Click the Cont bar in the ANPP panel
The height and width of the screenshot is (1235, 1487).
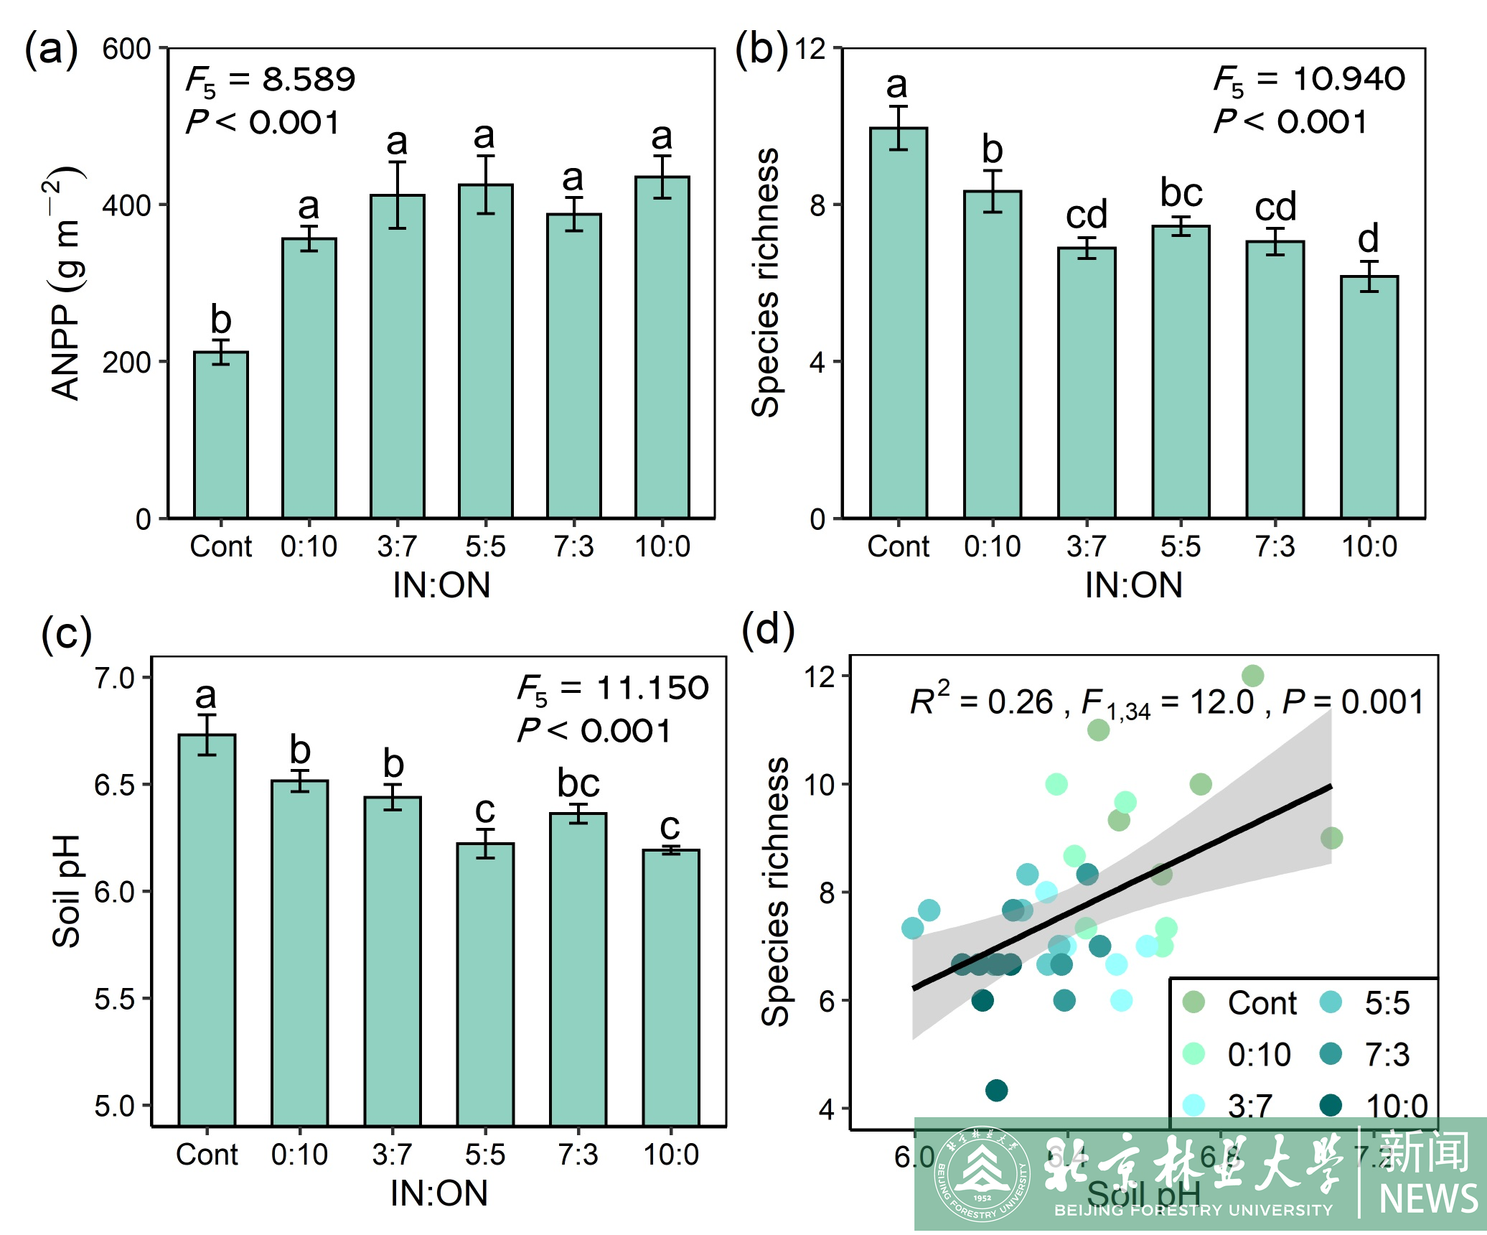point(221,435)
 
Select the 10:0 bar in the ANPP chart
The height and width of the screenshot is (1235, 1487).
point(662,348)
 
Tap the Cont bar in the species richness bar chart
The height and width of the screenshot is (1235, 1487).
point(899,323)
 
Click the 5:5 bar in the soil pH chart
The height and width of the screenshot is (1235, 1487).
point(486,984)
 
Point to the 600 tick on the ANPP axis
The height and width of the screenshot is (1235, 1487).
point(127,50)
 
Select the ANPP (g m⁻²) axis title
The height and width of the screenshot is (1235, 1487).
point(66,284)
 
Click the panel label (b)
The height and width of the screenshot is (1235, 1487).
point(761,50)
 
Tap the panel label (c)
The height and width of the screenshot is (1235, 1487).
point(67,634)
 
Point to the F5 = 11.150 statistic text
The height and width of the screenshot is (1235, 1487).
point(613,689)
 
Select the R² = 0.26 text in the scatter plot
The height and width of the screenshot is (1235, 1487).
point(980,701)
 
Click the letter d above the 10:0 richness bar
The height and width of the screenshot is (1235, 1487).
point(1369,238)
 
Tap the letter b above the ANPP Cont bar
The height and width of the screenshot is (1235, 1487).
point(221,320)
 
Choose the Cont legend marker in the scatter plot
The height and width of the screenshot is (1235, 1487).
point(1193,1002)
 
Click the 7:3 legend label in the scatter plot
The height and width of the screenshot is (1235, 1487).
point(1387,1054)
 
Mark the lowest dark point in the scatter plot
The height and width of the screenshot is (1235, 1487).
point(996,1090)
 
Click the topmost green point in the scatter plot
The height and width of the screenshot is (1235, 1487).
point(1252,676)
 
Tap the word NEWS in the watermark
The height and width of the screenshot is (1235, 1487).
point(1428,1198)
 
